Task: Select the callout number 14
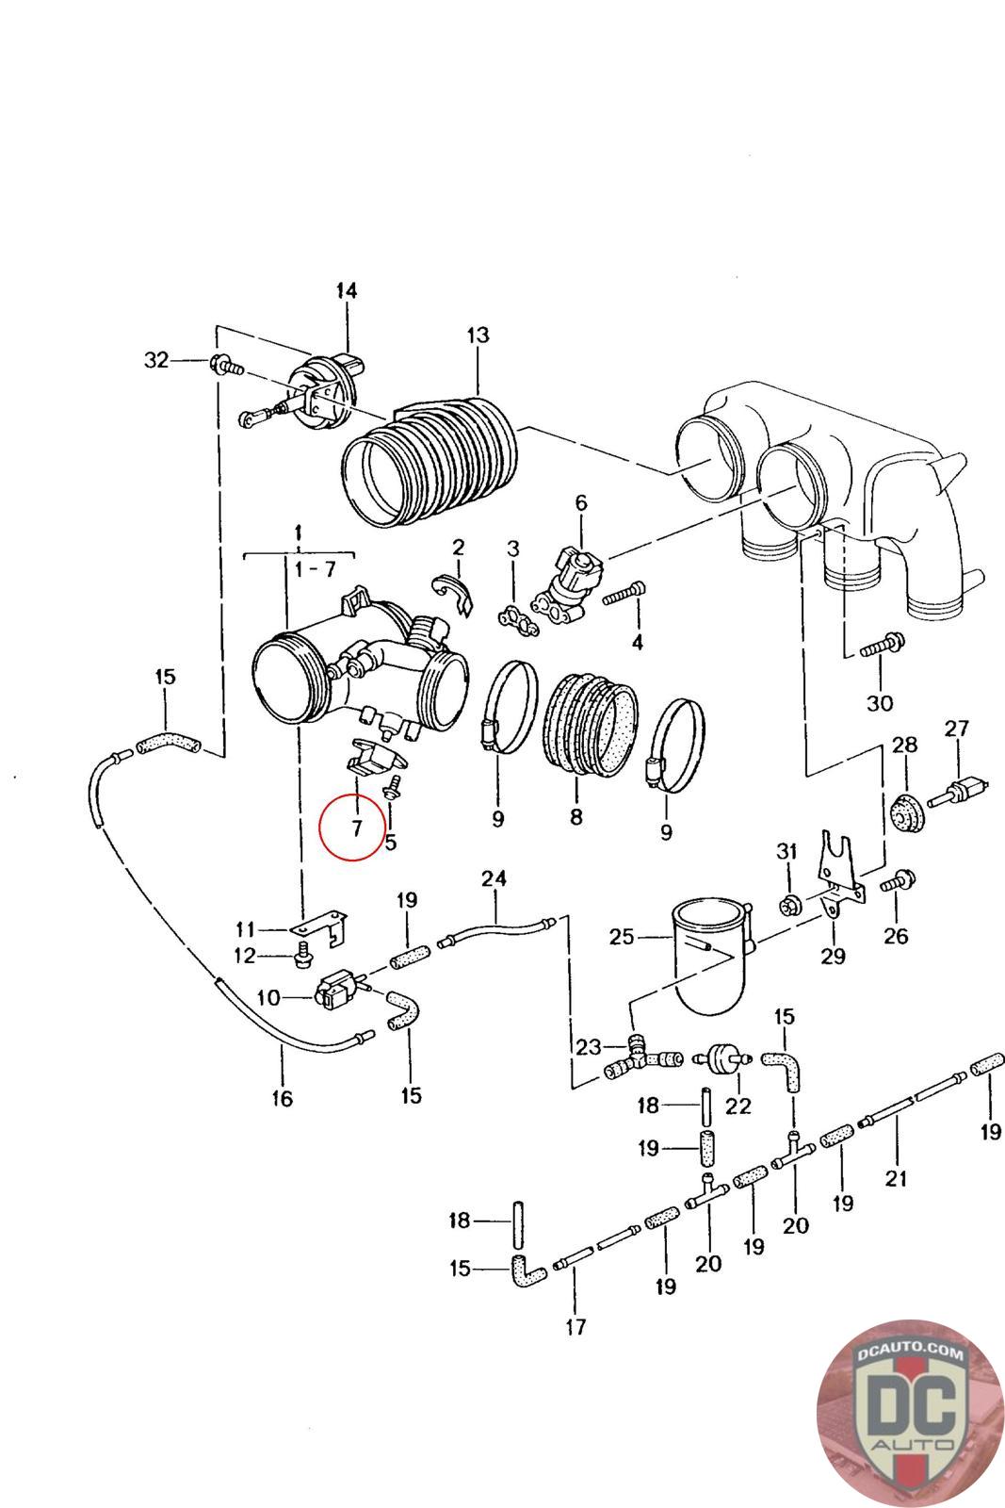[347, 290]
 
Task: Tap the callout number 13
[478, 335]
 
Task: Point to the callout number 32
[156, 359]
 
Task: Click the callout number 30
[879, 703]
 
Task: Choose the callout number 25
[622, 938]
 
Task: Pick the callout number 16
[282, 1097]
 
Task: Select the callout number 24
[494, 879]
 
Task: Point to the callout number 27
[957, 729]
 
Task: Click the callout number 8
[575, 817]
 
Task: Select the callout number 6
[580, 502]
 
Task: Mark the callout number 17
[575, 1327]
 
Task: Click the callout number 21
[896, 1178]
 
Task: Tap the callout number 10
[268, 996]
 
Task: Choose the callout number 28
[904, 746]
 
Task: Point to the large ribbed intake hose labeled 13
[430, 459]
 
